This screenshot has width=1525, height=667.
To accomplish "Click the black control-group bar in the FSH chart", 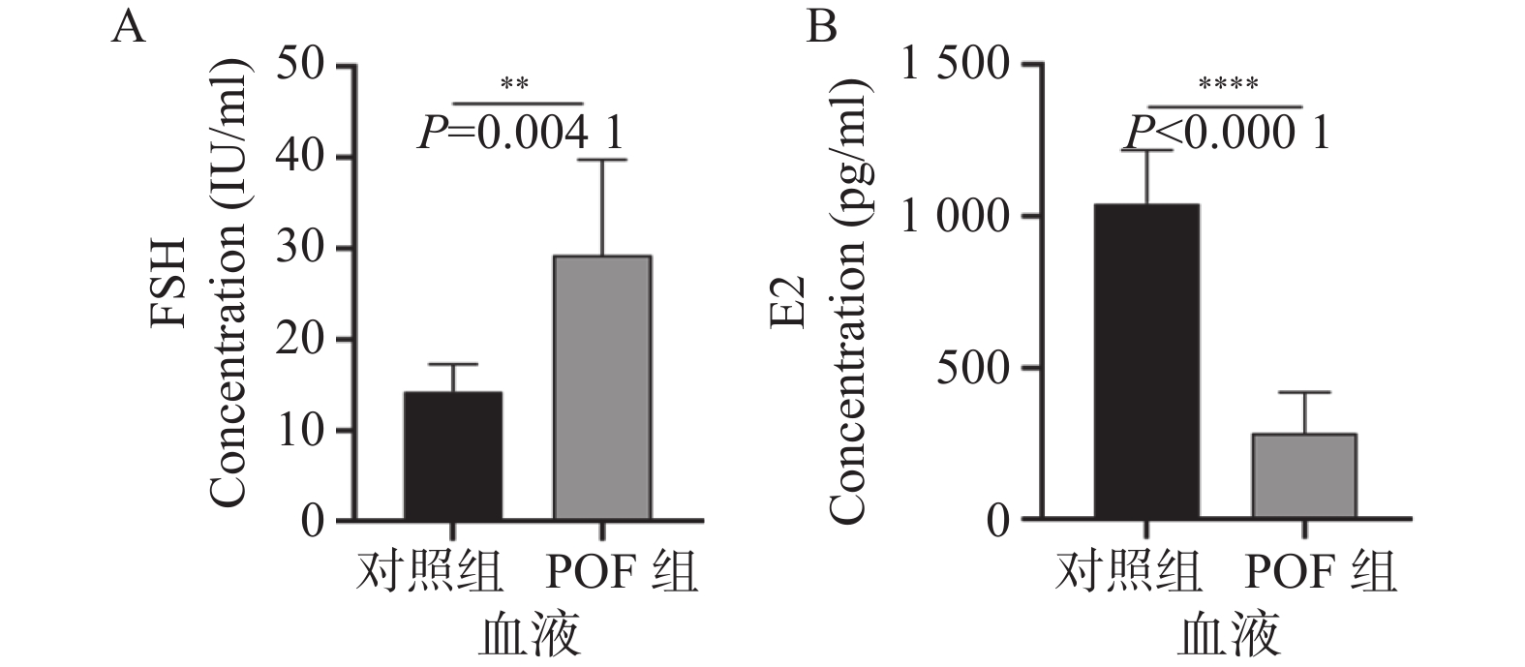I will [x=452, y=456].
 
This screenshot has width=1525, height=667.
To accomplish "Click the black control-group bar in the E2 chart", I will [x=1146, y=362].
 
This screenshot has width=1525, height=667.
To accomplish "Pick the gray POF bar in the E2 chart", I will [x=1304, y=476].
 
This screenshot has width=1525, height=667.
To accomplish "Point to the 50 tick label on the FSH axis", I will [x=302, y=67].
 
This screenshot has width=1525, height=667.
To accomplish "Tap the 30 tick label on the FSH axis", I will [x=302, y=249].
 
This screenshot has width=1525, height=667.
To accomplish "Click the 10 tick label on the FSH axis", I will [x=302, y=431].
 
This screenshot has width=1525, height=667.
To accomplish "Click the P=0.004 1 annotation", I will [x=521, y=134].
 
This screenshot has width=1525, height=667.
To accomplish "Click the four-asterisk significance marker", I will [x=1228, y=85].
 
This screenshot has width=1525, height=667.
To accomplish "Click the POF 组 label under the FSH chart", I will [x=617, y=573].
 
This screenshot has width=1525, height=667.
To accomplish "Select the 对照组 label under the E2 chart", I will [x=1128, y=573].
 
